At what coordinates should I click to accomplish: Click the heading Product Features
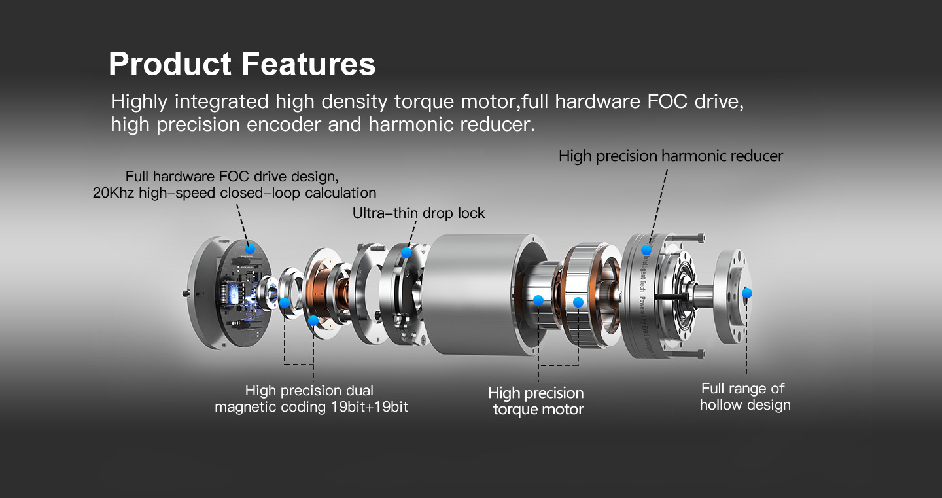point(242,65)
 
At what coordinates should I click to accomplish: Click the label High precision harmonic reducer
point(671,156)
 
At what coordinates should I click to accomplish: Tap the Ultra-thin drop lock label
point(419,213)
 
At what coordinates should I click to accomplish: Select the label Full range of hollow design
point(744,397)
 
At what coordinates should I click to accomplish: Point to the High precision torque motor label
point(536,401)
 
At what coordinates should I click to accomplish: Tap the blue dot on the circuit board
point(249,248)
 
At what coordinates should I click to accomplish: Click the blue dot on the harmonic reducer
point(646,249)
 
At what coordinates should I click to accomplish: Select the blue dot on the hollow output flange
point(747,293)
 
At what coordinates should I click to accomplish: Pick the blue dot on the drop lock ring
point(406,253)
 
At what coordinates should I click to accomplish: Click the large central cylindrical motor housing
point(471,294)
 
